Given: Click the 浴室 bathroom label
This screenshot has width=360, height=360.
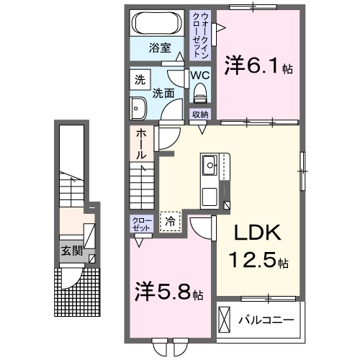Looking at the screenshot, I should click(x=160, y=48).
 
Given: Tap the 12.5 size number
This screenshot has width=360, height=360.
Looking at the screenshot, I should click(x=252, y=260).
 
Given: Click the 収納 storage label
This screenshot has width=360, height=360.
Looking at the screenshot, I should click(x=199, y=114).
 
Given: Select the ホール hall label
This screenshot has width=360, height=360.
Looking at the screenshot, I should click(x=141, y=144).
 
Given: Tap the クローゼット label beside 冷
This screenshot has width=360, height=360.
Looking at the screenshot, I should click(x=140, y=224).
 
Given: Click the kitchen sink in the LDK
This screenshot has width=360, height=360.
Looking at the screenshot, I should click(x=210, y=165).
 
